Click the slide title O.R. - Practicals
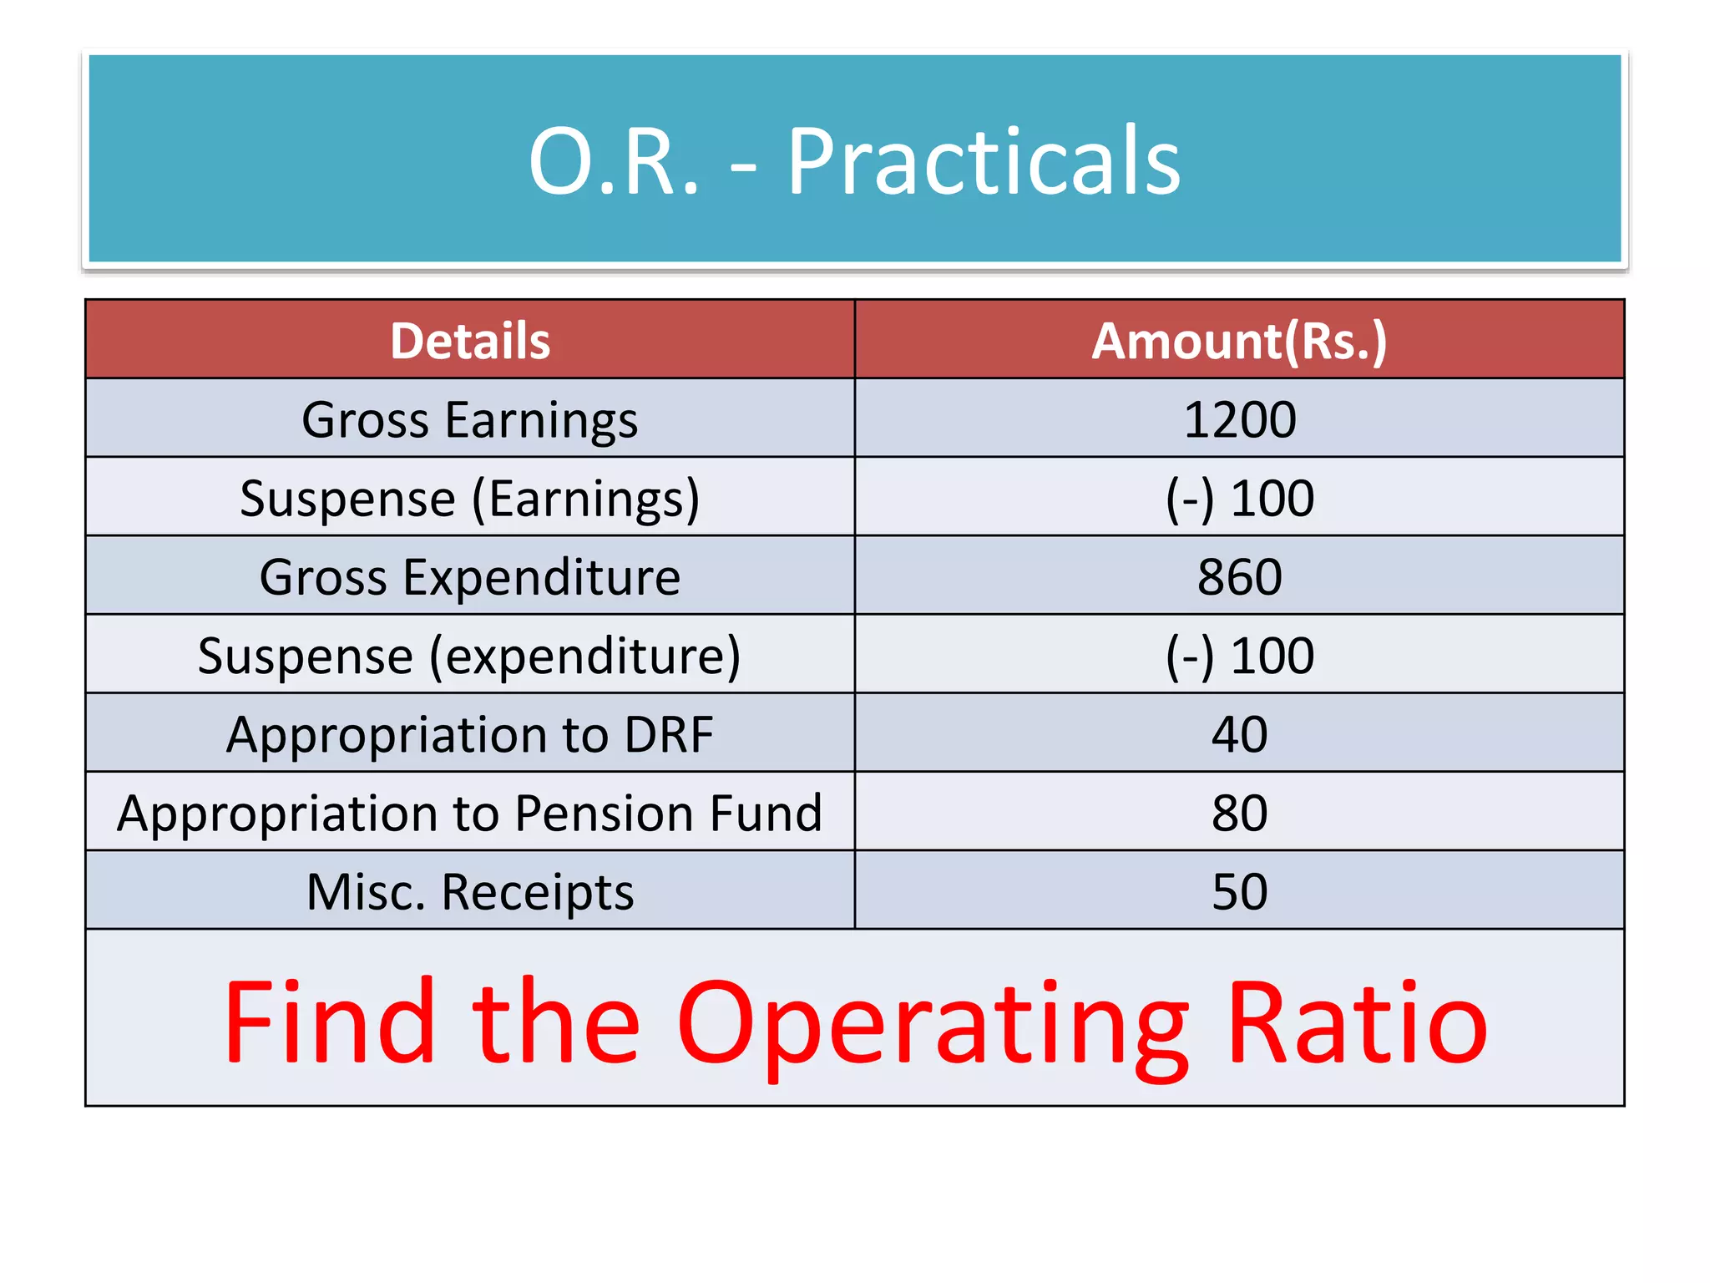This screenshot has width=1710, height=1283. pos(854,160)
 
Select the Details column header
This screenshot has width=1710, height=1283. pos(470,341)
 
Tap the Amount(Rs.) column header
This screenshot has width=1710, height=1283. pos(1239,341)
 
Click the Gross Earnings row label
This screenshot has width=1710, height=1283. pos(470,419)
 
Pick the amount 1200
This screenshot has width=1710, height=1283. pos(1239,419)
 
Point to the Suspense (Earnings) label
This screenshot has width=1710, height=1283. pos(470,499)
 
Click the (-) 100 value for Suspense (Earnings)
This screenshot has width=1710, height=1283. pos(1239,499)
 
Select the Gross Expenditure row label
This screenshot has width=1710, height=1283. pos(470,577)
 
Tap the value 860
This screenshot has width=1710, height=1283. pos(1239,577)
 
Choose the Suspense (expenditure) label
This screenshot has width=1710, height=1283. pos(470,656)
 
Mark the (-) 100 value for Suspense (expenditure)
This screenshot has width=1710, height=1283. pos(1239,656)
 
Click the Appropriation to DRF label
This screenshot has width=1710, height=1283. pos(470,735)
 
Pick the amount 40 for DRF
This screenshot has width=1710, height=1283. pos(1239,735)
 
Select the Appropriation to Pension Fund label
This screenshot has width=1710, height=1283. pos(470,814)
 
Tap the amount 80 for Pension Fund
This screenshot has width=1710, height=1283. pos(1239,814)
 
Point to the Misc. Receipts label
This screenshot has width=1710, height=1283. pos(470,892)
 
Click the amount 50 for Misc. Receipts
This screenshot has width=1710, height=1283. pos(1239,892)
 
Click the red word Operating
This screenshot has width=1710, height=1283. pos(933,1026)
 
